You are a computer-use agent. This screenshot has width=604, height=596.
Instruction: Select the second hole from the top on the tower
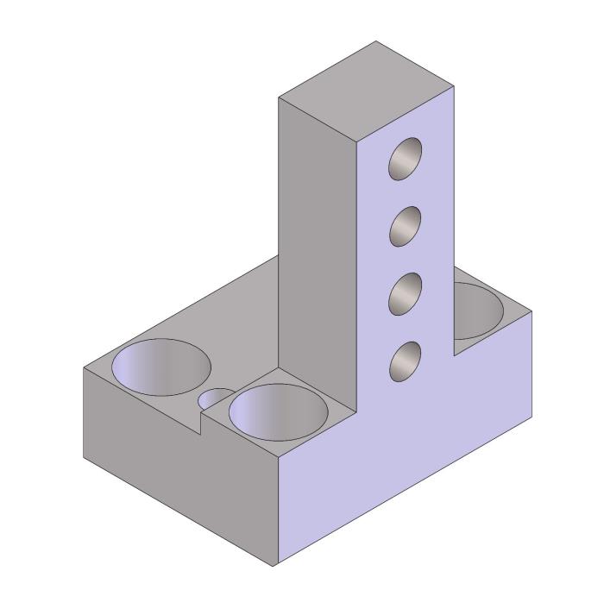point(406,227)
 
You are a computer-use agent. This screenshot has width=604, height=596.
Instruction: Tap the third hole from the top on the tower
point(406,294)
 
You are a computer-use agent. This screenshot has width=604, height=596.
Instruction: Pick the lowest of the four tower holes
point(406,361)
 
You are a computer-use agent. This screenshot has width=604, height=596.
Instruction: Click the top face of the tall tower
point(367,91)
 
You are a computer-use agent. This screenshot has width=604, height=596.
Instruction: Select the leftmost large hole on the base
point(161,367)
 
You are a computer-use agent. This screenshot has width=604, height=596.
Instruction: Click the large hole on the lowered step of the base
point(278,411)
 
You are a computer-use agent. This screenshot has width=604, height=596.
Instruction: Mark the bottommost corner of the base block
point(277,566)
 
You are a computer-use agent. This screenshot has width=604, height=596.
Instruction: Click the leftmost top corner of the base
point(84,368)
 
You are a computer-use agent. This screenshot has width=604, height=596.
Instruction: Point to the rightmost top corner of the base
point(532,311)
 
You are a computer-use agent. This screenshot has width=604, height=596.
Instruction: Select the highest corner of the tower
point(376,41)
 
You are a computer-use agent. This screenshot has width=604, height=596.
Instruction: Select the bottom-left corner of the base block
point(84,456)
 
